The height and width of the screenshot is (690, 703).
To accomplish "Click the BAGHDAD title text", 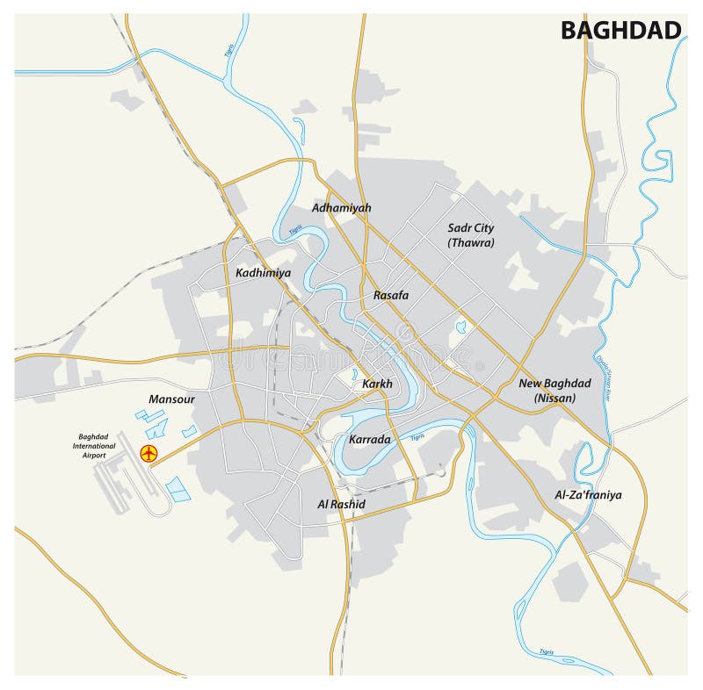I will [x=620, y=31].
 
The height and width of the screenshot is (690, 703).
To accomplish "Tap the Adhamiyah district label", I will [x=342, y=208].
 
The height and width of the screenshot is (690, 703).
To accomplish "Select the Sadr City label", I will [x=471, y=228].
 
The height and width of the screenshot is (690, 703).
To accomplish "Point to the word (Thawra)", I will [x=471, y=242].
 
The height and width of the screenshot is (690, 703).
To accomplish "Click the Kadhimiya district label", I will [x=263, y=273].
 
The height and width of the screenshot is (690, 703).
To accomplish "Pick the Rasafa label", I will [x=390, y=295].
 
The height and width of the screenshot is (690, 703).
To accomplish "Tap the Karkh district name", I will [x=377, y=384].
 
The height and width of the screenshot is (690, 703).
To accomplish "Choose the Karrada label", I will [x=369, y=438].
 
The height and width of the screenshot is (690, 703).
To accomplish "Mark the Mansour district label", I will [x=171, y=399].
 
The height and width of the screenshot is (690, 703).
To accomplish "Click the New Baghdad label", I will [x=554, y=384].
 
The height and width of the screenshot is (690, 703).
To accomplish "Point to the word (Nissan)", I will [x=554, y=398].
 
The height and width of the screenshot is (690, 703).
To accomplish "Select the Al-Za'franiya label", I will [x=588, y=495].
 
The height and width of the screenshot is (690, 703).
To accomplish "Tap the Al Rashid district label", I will [x=341, y=504].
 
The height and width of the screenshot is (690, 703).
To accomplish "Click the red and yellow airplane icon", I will [x=148, y=453].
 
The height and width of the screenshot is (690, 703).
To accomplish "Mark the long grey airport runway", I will [x=113, y=483].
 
